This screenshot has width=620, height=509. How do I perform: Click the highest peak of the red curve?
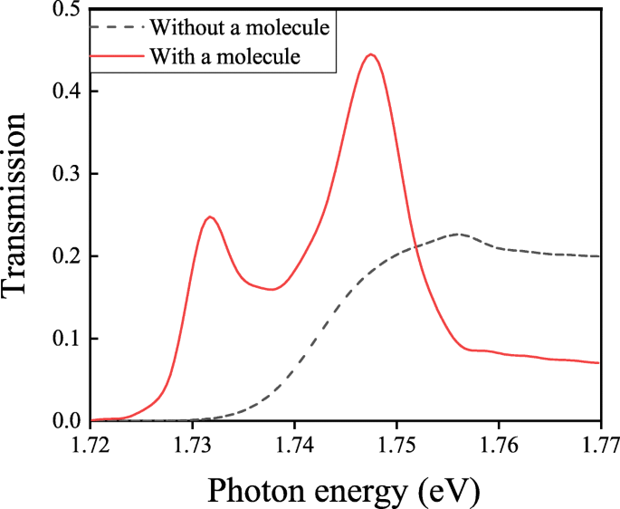(x=369, y=54)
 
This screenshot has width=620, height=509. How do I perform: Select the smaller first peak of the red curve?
(x=210, y=216)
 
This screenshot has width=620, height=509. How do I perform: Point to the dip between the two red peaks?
(x=272, y=290)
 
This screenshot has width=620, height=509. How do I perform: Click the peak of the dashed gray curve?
(x=459, y=234)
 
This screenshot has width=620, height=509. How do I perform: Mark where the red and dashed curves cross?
(x=413, y=246)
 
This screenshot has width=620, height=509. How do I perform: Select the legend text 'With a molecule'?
(x=224, y=56)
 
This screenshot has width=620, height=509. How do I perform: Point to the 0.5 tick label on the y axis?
(x=64, y=10)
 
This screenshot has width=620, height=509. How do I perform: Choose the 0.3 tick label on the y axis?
(x=64, y=174)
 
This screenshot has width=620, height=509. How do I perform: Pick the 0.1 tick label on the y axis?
(x=64, y=339)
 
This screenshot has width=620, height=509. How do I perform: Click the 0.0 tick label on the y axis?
(x=64, y=421)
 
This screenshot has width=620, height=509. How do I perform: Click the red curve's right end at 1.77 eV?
(x=599, y=363)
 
